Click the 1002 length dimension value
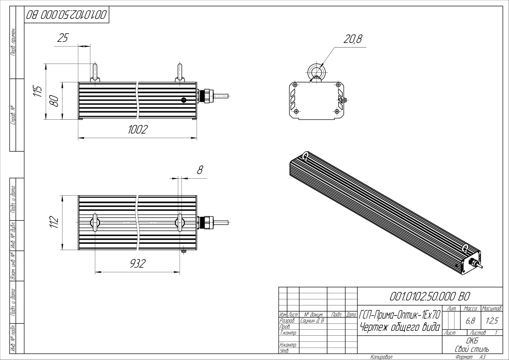coord(138,129)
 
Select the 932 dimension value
coord(138,263)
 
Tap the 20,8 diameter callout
coord(353,39)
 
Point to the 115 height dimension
coord(38,91)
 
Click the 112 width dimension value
coord(54,222)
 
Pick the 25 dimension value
coord(63,38)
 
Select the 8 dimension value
coord(200,170)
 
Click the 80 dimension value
coord(54,101)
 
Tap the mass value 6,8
coord(470,321)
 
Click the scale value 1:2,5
coord(492,321)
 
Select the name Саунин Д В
coord(312,321)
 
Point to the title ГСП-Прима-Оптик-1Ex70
coord(400,315)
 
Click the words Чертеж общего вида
coord(400,327)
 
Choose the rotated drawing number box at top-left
coord(66,15)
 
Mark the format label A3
coord(482,357)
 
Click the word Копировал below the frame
coord(381,357)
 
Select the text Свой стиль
coord(472,349)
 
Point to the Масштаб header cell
coord(492,308)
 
